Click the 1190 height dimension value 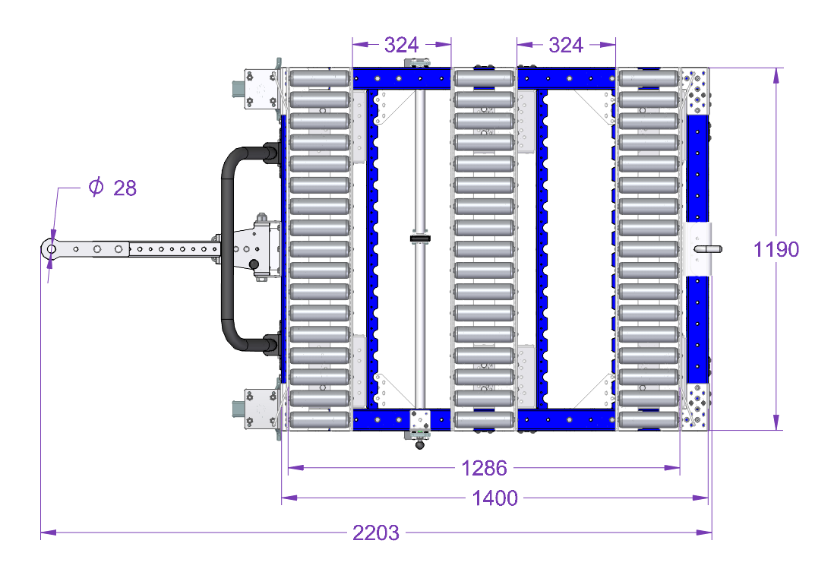point(776,249)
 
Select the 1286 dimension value point(484,468)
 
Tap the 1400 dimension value point(494,498)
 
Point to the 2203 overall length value point(375,532)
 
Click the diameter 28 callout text point(112,188)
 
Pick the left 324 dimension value point(402,45)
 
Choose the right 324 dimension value point(566,45)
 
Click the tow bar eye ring point(51,248)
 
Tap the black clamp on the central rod point(420,239)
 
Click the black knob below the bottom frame point(420,444)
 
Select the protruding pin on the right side point(708,249)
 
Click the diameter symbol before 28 point(96,187)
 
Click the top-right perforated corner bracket point(696,91)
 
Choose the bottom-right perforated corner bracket point(696,406)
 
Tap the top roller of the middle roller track point(484,78)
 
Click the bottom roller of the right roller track point(649,420)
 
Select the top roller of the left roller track point(320,78)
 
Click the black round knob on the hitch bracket point(254,264)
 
